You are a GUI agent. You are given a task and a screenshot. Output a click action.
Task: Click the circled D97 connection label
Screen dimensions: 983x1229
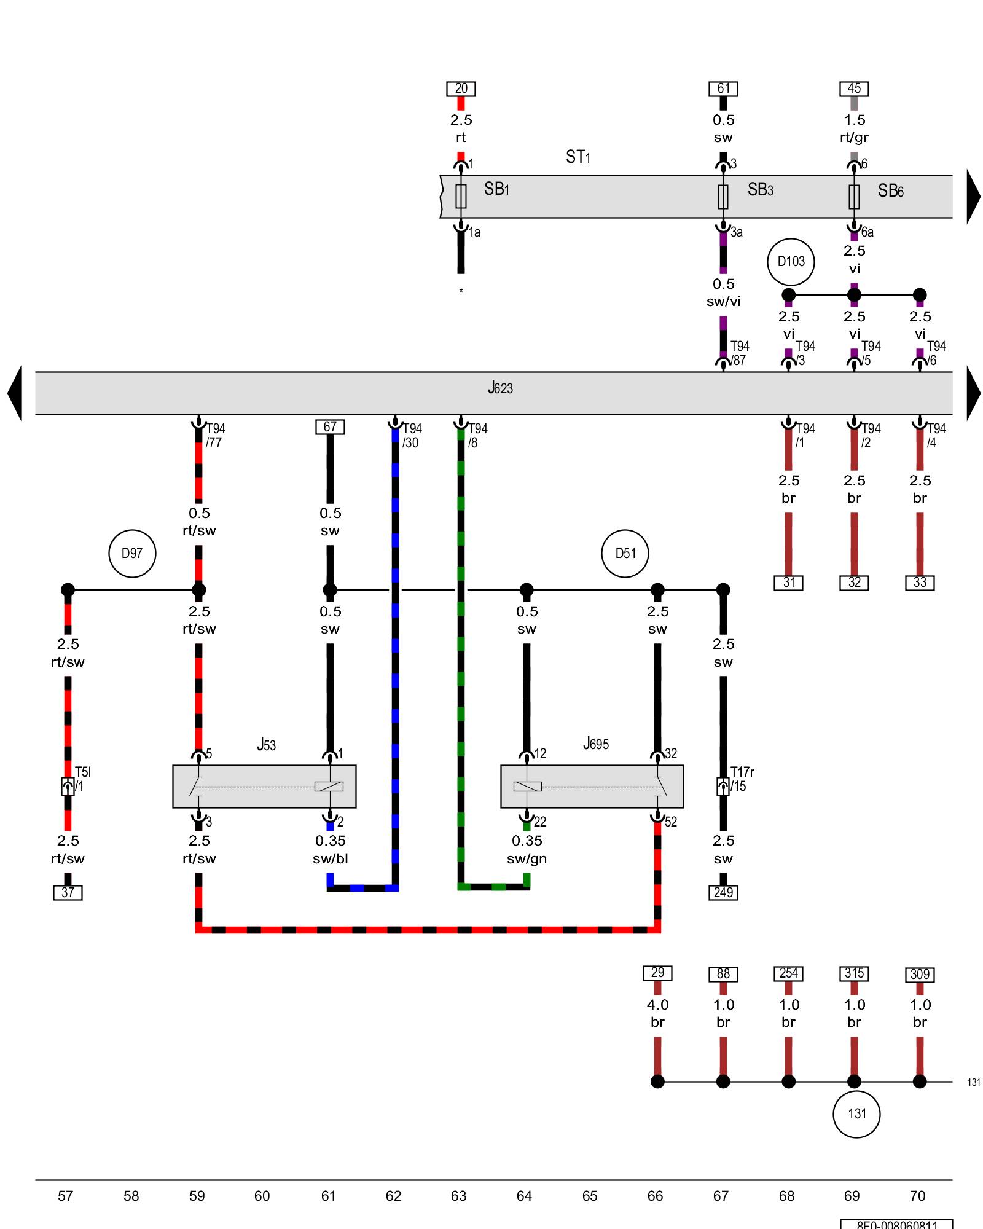132,553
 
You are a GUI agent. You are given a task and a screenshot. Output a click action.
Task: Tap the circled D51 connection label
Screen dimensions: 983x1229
625,553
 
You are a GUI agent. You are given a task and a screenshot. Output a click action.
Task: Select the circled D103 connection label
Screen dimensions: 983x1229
791,262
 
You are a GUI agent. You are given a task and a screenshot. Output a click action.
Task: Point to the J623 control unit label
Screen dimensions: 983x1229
500,388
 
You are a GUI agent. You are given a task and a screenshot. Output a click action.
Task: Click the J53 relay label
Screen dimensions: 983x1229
266,745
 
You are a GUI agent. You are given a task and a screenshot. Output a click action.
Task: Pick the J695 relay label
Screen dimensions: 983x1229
595,744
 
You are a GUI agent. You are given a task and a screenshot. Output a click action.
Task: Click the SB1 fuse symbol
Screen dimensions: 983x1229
461,196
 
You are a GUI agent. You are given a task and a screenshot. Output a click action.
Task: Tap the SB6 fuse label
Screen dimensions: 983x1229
890,191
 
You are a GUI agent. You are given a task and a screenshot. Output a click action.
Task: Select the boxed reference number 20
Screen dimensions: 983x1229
461,89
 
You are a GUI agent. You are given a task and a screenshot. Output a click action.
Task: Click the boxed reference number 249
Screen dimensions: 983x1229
723,893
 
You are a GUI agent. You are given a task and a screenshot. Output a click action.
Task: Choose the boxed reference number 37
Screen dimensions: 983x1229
68,893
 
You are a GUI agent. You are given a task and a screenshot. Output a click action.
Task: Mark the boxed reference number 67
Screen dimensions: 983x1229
330,426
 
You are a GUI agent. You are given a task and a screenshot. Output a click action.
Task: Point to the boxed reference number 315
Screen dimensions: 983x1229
854,973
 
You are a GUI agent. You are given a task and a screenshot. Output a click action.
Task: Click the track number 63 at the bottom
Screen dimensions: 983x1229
458,1196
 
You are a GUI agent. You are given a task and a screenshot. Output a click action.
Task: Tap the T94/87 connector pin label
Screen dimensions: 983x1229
738,353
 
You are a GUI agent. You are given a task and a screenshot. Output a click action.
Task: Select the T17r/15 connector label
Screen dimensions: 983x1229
742,779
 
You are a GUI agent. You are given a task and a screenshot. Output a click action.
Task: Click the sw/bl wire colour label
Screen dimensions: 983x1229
330,858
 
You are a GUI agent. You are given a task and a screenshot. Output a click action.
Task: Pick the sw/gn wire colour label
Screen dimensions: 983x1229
527,858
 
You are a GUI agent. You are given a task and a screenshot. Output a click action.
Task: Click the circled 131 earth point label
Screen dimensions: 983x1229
856,1114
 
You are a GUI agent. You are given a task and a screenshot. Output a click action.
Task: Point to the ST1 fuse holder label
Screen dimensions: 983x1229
578,157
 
